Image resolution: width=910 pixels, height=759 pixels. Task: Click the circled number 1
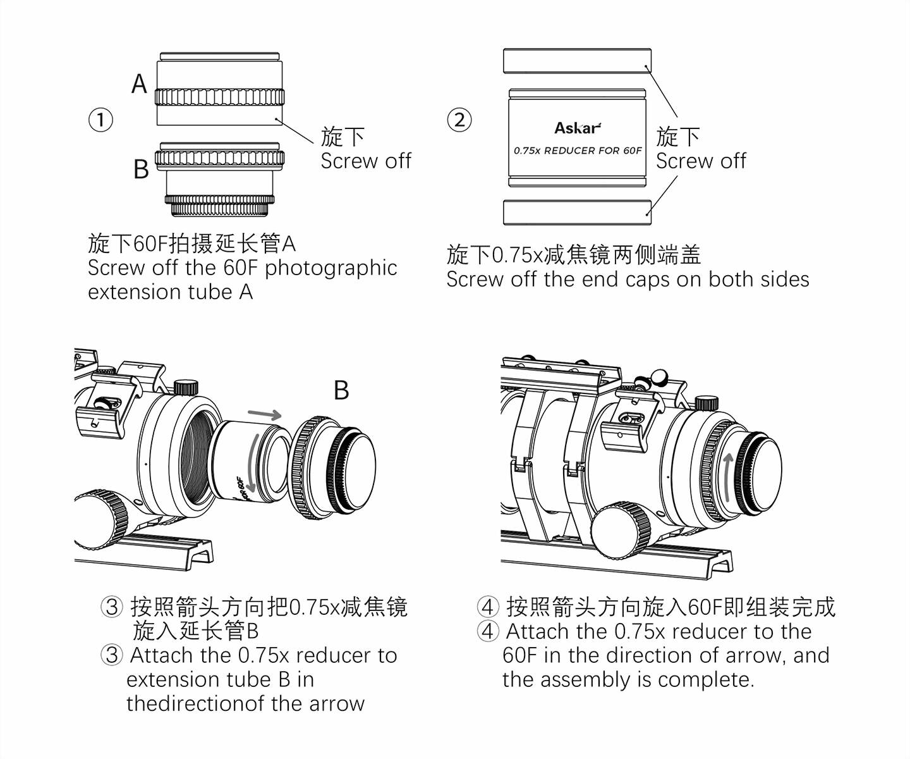(x=100, y=120)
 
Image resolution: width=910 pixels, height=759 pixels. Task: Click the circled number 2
(x=459, y=120)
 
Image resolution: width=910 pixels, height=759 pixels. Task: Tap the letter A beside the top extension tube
(x=139, y=83)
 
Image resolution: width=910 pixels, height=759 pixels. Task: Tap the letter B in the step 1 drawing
(x=141, y=169)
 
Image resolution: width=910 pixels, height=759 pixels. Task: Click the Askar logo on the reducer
(x=577, y=128)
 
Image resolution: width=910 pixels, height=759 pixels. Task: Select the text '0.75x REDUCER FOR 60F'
(x=577, y=151)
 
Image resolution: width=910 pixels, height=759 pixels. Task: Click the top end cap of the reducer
(x=577, y=61)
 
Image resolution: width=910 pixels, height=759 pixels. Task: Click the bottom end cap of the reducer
(x=577, y=212)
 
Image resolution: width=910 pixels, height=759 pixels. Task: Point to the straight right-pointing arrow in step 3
(x=264, y=415)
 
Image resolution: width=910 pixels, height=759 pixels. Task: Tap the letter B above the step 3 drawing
(x=341, y=390)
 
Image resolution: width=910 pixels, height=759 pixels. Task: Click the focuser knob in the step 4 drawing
(x=622, y=530)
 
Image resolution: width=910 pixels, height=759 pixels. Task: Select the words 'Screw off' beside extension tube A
(x=366, y=161)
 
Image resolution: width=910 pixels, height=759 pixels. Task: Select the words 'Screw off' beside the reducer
(x=701, y=161)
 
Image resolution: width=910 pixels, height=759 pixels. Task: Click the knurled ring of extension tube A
(x=219, y=97)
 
